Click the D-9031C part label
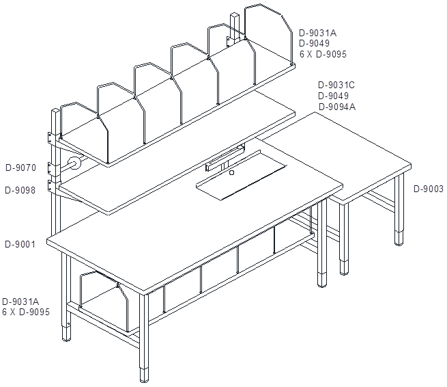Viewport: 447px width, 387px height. [336, 85]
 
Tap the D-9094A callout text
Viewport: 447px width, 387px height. [337, 107]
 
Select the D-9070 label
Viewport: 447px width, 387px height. [20, 168]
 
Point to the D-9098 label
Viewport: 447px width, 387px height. [20, 190]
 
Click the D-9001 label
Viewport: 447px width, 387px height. [20, 245]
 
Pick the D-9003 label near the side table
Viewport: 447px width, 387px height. [429, 189]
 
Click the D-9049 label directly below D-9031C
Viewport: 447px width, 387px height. [333, 96]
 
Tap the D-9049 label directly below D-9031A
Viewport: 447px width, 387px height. [314, 43]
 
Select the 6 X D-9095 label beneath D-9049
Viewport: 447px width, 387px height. [323, 54]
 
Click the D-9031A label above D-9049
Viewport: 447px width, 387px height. [317, 33]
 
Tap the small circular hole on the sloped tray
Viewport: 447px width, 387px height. [232, 172]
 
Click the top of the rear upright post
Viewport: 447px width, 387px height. [235, 16]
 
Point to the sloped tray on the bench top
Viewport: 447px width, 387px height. [241, 175]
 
